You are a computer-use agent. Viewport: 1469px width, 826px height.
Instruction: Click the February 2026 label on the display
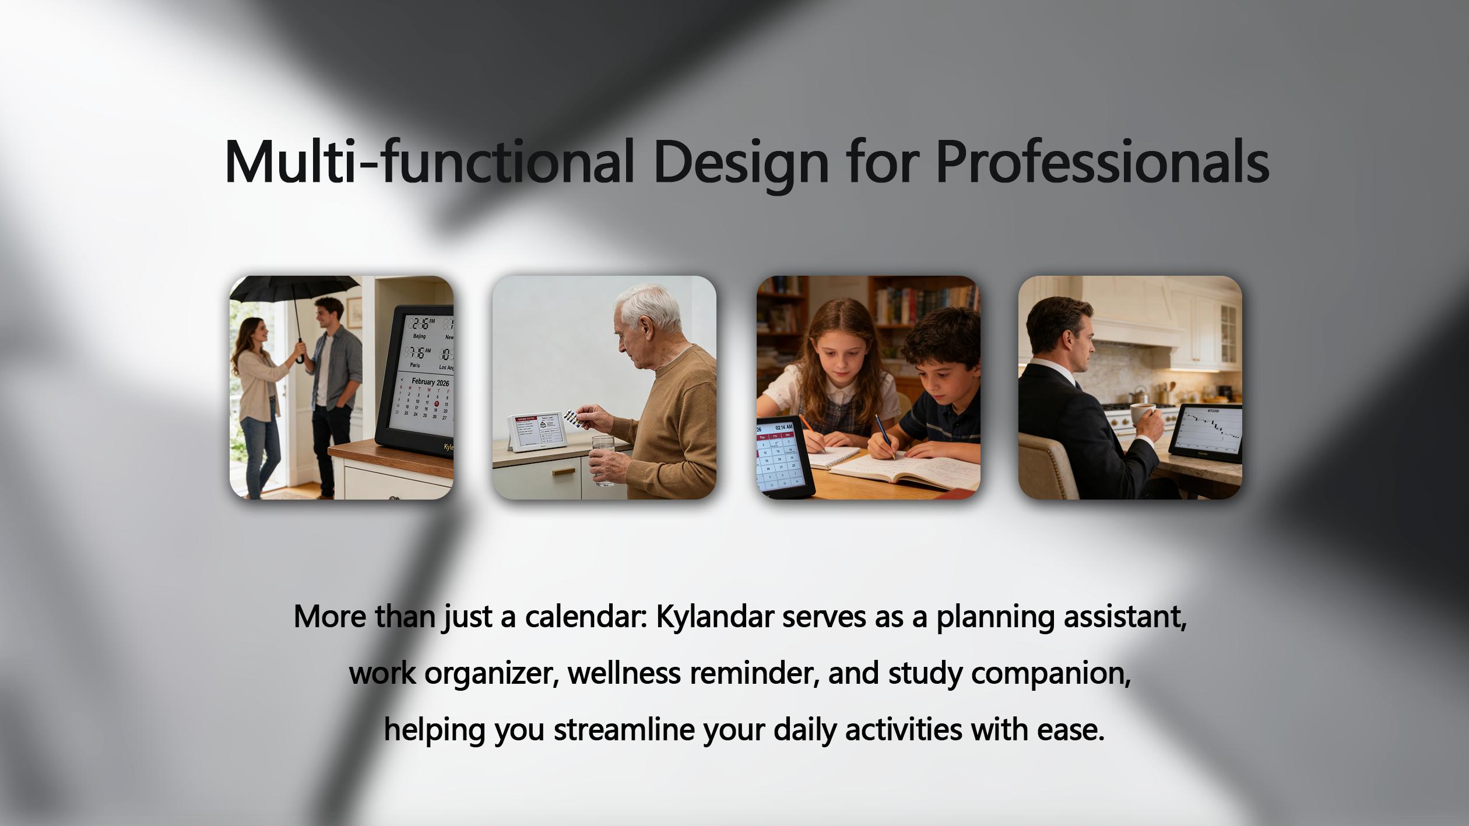(x=430, y=382)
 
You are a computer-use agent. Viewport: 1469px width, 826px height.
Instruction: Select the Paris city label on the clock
(x=414, y=365)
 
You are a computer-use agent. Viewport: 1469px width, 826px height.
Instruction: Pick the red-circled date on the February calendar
(x=437, y=403)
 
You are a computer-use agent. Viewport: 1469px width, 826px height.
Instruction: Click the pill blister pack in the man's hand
(x=571, y=417)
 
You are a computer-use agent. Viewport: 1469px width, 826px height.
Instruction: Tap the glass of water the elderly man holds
(x=602, y=461)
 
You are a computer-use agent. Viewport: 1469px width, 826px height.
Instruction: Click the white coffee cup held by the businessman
(x=1142, y=414)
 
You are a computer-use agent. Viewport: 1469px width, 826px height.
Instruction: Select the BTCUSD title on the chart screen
(x=1213, y=412)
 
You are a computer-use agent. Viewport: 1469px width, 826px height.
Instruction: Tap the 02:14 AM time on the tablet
(x=783, y=427)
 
